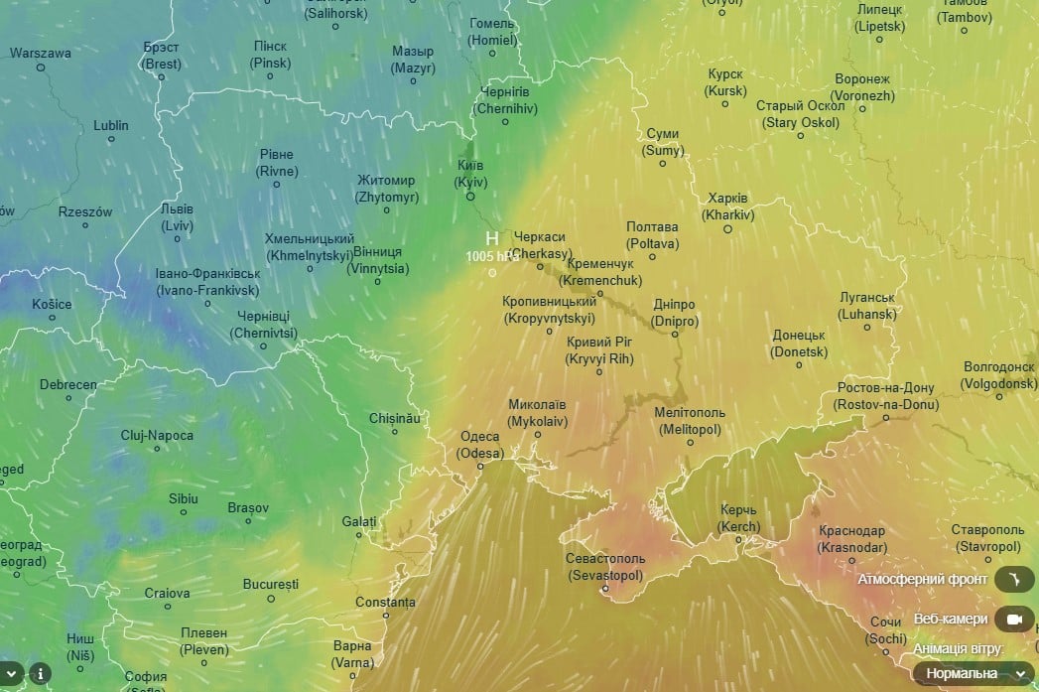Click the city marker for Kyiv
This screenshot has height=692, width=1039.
coord(470,196)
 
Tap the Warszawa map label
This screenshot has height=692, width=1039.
coord(41,54)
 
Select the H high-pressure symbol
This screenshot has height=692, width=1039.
coord(492,239)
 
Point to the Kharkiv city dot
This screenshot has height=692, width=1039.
coord(727,228)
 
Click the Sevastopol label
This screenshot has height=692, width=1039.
coord(605,567)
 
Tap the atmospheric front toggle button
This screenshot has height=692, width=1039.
coord(1013,579)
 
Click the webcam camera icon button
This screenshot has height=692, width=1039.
coord(1013,620)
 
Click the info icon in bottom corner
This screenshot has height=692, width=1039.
coord(41,673)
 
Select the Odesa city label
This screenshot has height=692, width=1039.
coord(480,445)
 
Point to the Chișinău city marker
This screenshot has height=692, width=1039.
coord(395,432)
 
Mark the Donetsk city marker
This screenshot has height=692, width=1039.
coord(799,364)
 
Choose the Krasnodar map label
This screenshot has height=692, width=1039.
coord(852,539)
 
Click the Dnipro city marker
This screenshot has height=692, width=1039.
coord(675,334)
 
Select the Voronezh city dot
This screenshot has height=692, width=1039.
coord(862,109)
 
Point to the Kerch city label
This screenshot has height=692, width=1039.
coord(739,518)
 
